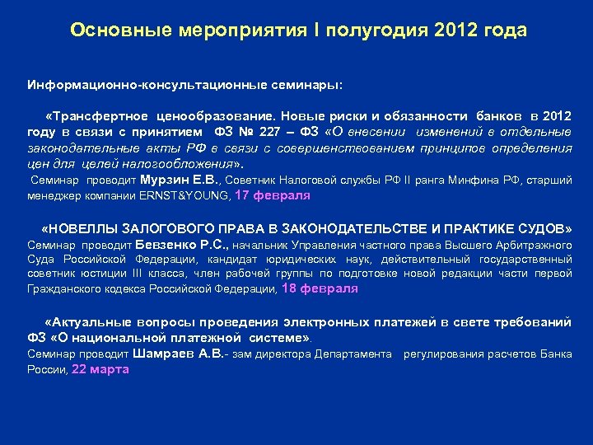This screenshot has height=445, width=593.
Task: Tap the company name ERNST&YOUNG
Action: tap(186, 196)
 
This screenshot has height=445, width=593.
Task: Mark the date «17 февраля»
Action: tap(273, 196)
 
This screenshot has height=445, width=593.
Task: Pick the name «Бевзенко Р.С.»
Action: tap(188, 245)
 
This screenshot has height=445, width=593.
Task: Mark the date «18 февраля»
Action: tap(320, 288)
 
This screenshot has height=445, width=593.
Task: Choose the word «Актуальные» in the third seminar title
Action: tap(85, 322)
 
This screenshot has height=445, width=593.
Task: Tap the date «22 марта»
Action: tap(100, 369)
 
